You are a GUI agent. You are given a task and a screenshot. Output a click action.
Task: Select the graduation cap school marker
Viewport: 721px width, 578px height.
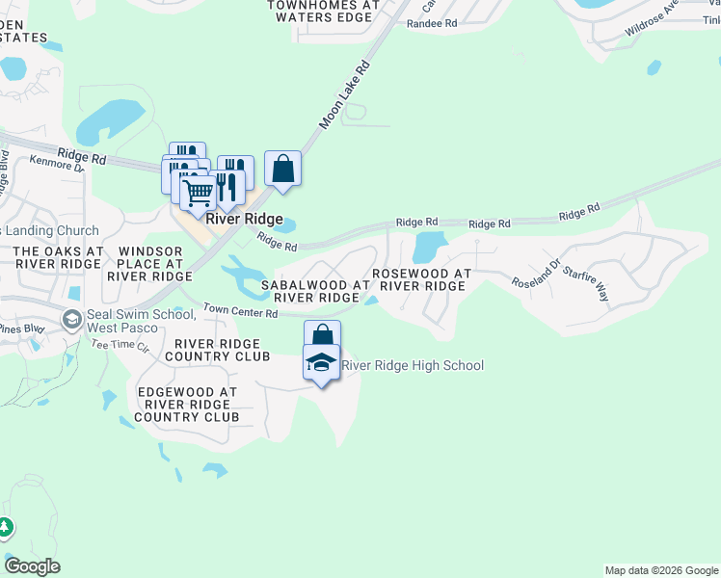321,363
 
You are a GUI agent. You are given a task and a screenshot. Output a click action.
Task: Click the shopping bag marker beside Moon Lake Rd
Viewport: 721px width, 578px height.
282,169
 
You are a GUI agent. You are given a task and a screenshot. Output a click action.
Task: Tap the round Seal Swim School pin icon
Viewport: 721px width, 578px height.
71,319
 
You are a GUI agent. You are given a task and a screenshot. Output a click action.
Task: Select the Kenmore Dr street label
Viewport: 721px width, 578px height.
57,168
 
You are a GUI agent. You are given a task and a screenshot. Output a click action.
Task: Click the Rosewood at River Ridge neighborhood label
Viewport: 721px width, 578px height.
421,280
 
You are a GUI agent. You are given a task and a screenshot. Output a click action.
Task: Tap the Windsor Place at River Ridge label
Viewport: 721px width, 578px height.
149,263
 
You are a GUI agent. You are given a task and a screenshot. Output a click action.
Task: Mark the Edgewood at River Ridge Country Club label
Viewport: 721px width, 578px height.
187,405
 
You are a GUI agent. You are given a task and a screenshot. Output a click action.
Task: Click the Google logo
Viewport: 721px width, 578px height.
32,566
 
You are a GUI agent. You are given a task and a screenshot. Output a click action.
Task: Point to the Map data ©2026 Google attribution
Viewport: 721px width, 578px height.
661,570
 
